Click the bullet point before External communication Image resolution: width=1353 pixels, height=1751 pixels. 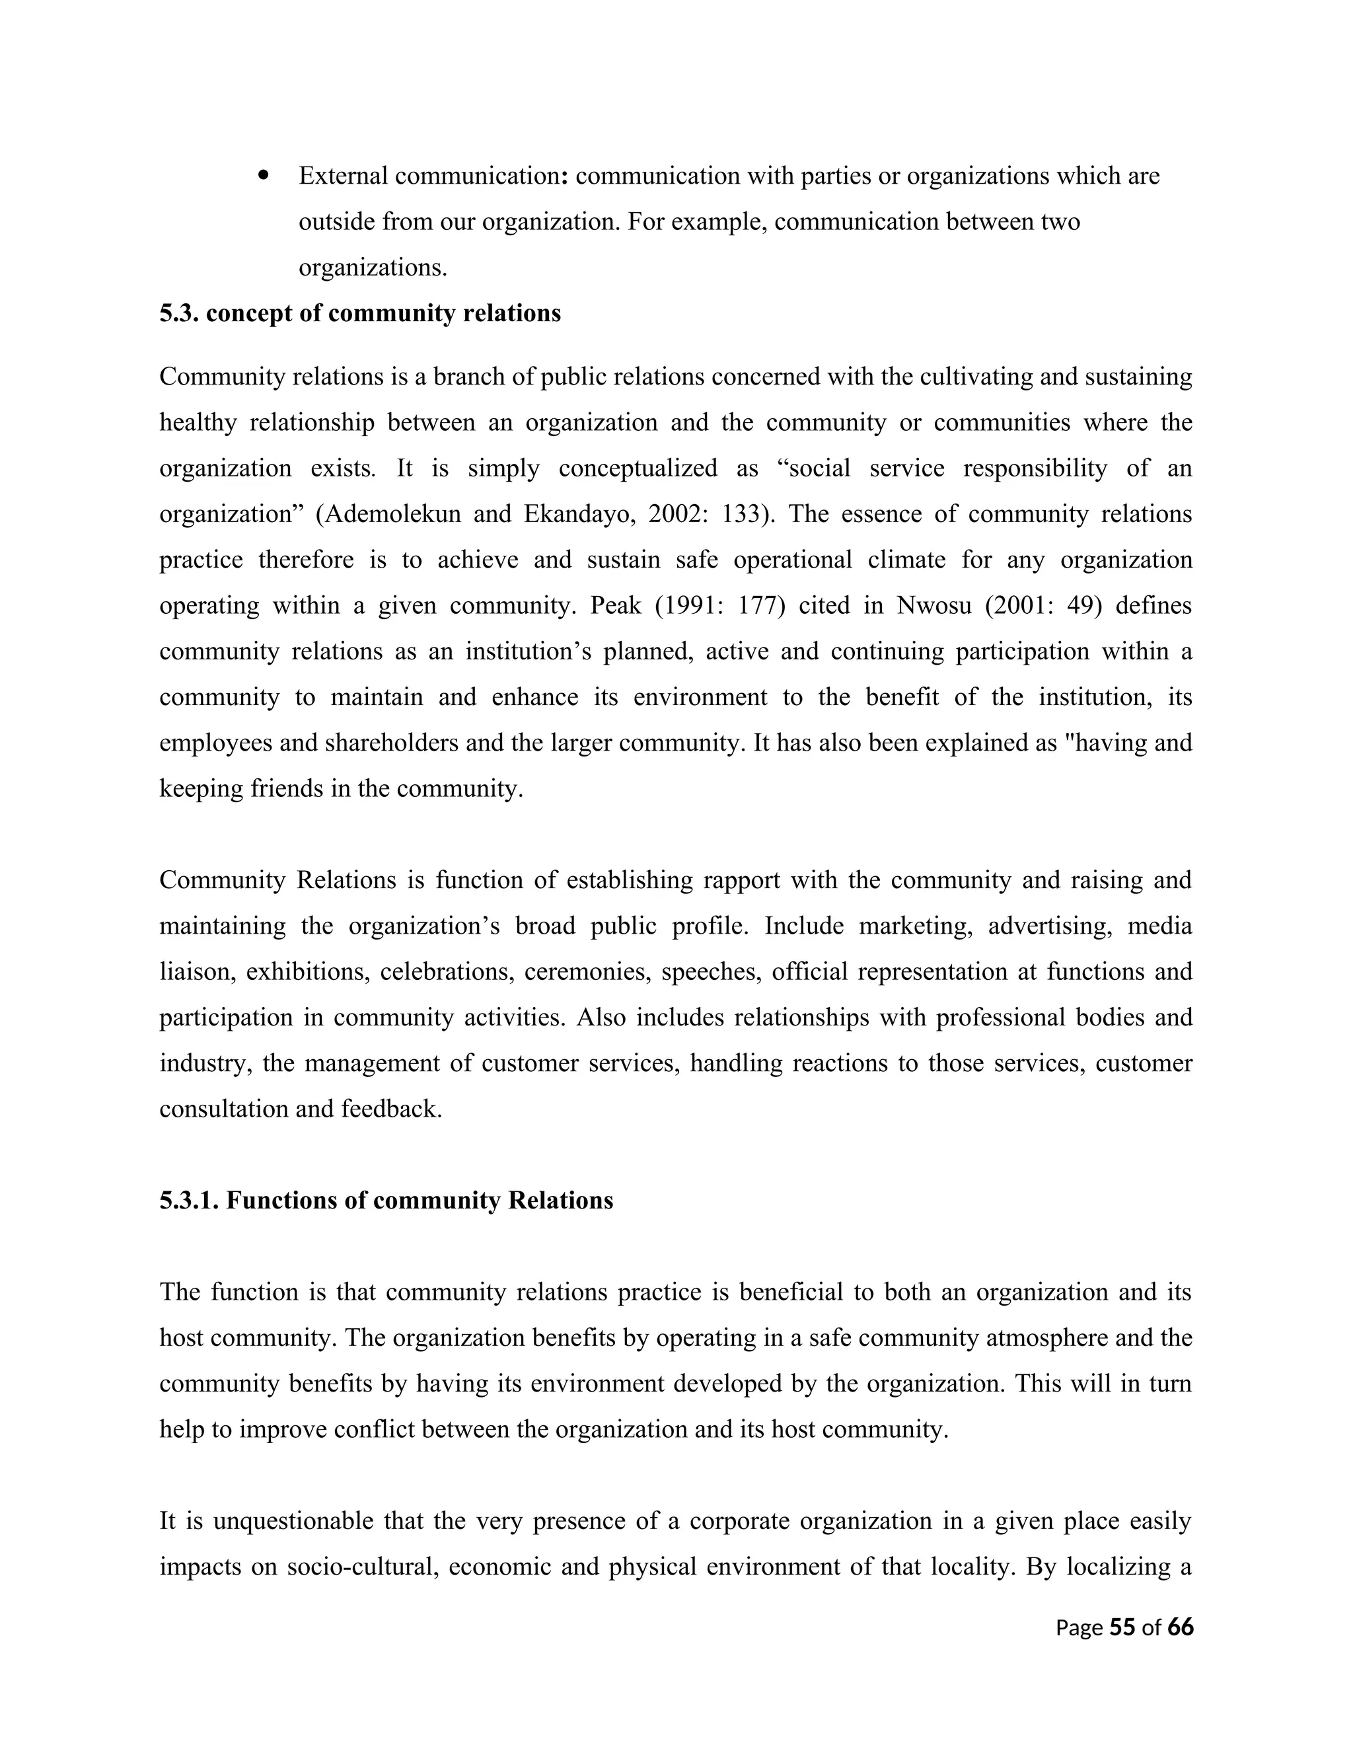point(263,175)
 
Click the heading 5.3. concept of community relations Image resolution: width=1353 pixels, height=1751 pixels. point(360,313)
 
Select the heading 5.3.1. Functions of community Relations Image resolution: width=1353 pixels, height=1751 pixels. point(386,1200)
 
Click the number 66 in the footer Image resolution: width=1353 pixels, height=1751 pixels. point(1180,1627)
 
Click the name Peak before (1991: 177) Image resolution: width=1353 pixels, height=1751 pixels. point(616,605)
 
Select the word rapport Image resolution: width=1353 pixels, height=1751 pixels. point(741,880)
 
